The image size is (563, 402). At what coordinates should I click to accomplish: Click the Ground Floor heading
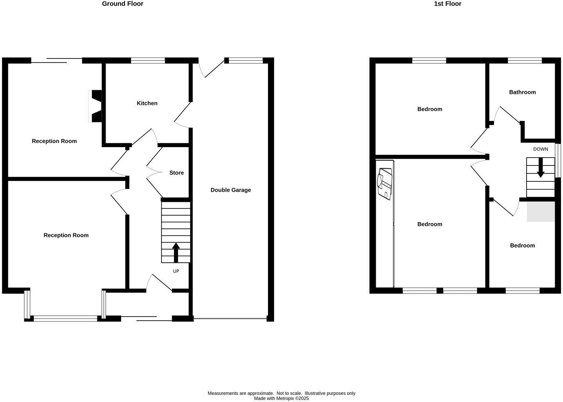[x=122, y=4]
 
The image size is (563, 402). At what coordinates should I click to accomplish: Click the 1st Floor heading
[x=447, y=4]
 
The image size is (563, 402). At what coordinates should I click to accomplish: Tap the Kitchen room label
[x=147, y=103]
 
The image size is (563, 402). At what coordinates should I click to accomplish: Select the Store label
[x=176, y=173]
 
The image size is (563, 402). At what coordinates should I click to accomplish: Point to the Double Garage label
[x=230, y=190]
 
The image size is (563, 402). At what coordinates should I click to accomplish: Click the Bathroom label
[x=522, y=92]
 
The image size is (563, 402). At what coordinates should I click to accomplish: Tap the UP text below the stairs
[x=176, y=271]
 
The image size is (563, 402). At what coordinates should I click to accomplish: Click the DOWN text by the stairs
[x=540, y=149]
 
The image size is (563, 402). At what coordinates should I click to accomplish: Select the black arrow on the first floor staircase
[x=540, y=168]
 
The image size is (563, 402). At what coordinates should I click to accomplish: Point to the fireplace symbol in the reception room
[x=96, y=106]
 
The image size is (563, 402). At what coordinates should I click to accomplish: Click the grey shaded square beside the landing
[x=540, y=212]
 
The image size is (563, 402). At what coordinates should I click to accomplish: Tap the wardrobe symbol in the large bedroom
[x=385, y=184]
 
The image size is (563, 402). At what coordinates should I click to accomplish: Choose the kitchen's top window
[x=148, y=60]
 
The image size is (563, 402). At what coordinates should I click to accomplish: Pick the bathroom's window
[x=525, y=60]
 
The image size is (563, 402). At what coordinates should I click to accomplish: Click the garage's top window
[x=245, y=60]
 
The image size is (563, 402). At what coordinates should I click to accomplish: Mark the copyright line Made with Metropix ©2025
[x=281, y=398]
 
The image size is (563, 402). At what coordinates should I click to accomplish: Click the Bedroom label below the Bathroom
[x=522, y=246]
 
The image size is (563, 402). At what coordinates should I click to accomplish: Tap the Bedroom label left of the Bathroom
[x=430, y=109]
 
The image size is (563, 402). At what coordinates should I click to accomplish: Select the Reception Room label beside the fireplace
[x=54, y=141]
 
